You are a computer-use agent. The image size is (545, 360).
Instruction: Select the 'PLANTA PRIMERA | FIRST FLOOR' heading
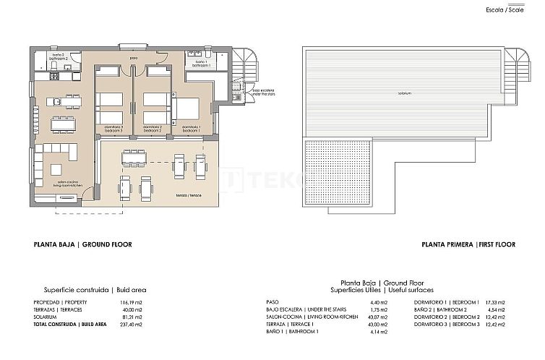pyautogui.click(x=469, y=245)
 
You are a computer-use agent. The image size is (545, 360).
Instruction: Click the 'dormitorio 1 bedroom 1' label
pyautogui.click(x=192, y=129)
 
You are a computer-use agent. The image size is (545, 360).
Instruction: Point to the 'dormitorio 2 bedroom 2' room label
pyautogui.click(x=152, y=129)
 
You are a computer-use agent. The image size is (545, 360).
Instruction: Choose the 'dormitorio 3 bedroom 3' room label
pyautogui.click(x=112, y=129)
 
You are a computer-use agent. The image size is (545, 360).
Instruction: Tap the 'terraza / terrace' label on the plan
pyautogui.click(x=189, y=196)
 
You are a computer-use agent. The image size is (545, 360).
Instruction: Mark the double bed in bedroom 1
pyautogui.click(x=187, y=108)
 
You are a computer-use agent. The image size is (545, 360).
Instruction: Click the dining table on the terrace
pyautogui.click(x=133, y=158)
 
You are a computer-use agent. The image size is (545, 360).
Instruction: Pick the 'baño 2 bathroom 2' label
pyautogui.click(x=59, y=56)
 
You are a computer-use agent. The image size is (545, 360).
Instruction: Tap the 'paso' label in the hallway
pyautogui.click(x=134, y=59)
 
